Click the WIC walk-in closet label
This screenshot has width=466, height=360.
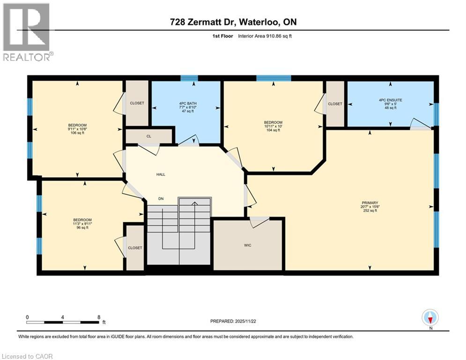pyautogui.click(x=248, y=245)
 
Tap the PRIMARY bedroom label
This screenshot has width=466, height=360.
pyautogui.click(x=370, y=202)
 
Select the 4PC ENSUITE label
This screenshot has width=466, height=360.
pyautogui.click(x=391, y=100)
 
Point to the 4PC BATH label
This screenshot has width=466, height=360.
pyautogui.click(x=188, y=103)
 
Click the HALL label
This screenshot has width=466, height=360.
pyautogui.click(x=161, y=174)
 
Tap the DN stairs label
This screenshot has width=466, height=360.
pyautogui.click(x=161, y=199)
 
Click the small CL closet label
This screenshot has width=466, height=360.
pyautogui.click(x=148, y=136)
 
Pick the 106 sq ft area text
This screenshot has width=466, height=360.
pyautogui.click(x=77, y=133)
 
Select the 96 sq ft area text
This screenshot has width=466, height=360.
pyautogui.click(x=82, y=228)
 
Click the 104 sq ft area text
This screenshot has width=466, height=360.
pyautogui.click(x=273, y=130)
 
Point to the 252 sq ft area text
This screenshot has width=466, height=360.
pyautogui.click(x=370, y=210)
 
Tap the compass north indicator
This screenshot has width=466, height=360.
pyautogui.click(x=430, y=318)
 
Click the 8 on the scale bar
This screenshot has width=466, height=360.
pyautogui.click(x=99, y=317)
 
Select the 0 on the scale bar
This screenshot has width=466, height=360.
pyautogui.click(x=27, y=317)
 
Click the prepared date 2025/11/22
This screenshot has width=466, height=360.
pyautogui.click(x=245, y=321)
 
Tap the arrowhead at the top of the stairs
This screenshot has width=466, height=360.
pyautogui.click(x=194, y=203)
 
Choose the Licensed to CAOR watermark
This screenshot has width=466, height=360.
pyautogui.click(x=27, y=356)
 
